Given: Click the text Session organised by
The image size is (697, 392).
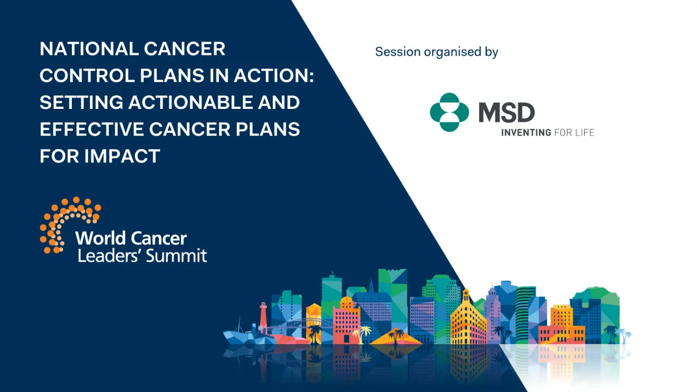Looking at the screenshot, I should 436,52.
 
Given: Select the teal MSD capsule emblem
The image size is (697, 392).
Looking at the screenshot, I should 449,112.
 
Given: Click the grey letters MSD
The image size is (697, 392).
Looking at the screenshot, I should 506,113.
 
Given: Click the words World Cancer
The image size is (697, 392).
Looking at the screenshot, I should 131,238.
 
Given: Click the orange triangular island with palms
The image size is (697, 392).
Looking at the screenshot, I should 396,337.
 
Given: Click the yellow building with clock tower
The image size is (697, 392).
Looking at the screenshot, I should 468,318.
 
